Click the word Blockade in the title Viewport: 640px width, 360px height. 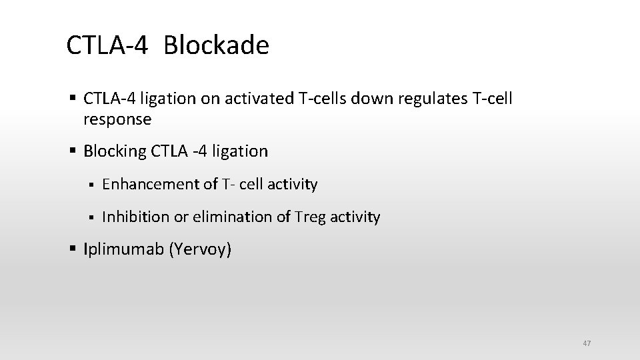click(216, 45)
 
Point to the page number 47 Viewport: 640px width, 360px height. click(587, 343)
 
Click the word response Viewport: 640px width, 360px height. click(117, 119)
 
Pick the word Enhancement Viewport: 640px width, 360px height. click(151, 184)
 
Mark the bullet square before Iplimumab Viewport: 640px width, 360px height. click(73, 249)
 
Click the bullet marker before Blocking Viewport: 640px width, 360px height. click(73, 151)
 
